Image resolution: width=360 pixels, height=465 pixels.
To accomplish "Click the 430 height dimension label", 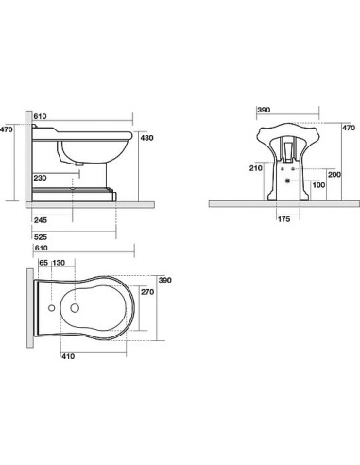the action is [x=147, y=138].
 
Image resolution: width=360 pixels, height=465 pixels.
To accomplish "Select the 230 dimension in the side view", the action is [x=40, y=178].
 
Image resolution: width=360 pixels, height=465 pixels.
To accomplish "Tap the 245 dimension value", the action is [x=40, y=220].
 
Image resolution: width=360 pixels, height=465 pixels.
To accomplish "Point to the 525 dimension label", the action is [x=40, y=237].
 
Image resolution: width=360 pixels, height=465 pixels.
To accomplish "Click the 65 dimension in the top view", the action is [x=43, y=263].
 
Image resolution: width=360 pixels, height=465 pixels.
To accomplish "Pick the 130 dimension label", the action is [x=59, y=263].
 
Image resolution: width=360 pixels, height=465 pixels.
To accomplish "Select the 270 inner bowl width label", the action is [x=147, y=292].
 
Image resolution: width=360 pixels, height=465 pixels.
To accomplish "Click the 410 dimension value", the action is [x=68, y=356].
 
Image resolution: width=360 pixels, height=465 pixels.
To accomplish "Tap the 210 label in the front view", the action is [x=256, y=168].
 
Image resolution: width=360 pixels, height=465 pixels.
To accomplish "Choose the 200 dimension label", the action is [x=334, y=174].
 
